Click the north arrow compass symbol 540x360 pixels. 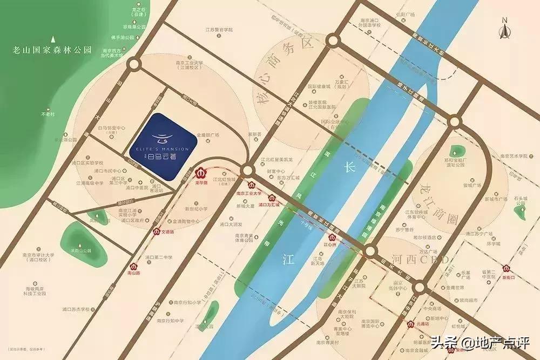[505, 29]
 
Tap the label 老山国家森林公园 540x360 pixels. [53, 51]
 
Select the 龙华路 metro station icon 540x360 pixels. [200, 174]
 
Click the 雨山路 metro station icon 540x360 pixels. [133, 265]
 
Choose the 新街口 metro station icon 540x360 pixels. [507, 268]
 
